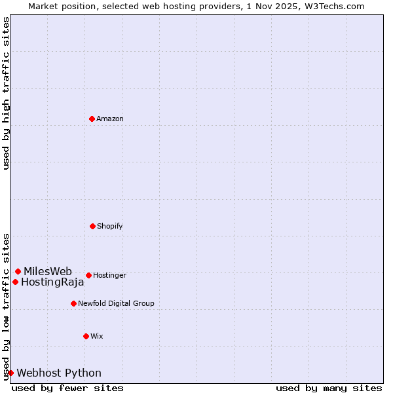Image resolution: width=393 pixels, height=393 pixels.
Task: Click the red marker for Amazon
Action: (x=92, y=119)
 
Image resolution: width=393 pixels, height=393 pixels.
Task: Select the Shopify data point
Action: (x=92, y=226)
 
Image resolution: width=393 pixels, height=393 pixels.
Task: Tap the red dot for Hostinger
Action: (x=88, y=275)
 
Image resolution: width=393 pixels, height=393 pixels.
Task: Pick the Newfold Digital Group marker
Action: (x=73, y=303)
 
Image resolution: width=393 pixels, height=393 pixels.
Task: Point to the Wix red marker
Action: (x=86, y=336)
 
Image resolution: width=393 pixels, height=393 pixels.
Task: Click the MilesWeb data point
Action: (x=18, y=271)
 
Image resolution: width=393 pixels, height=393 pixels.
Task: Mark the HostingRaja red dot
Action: (x=15, y=282)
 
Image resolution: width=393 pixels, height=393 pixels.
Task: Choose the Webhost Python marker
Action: (x=10, y=373)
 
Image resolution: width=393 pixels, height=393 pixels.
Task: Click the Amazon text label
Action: (x=110, y=119)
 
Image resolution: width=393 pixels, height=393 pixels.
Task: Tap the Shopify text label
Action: (x=110, y=226)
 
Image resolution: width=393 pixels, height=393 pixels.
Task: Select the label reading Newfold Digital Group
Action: (x=116, y=303)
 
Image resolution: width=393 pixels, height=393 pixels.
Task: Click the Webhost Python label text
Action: (x=59, y=373)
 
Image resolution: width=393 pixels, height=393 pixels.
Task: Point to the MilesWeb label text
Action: (x=48, y=271)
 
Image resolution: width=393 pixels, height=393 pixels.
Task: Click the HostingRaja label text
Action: (x=52, y=282)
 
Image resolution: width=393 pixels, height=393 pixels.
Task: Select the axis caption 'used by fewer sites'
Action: (x=67, y=388)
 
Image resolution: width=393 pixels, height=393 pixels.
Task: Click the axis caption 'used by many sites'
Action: (x=329, y=388)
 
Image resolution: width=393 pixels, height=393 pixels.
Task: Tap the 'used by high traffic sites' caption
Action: (x=6, y=93)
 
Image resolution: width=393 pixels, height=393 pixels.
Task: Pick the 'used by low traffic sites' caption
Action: (x=6, y=306)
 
